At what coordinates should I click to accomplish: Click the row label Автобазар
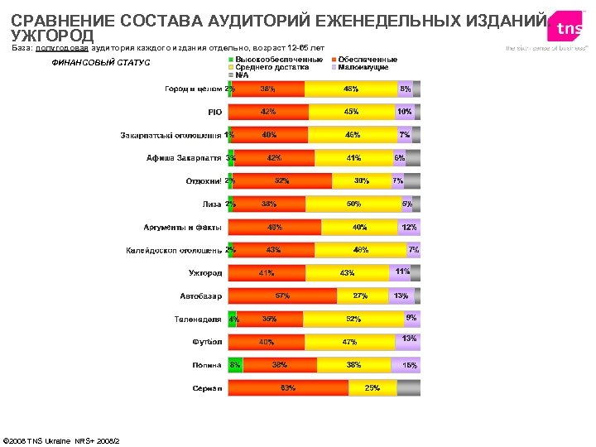click(201, 296)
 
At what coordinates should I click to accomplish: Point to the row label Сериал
click(207, 387)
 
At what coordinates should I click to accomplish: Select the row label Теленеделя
click(198, 319)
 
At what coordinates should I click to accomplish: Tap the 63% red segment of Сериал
click(288, 387)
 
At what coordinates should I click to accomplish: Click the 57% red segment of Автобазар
click(282, 296)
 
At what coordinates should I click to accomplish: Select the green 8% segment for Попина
click(235, 364)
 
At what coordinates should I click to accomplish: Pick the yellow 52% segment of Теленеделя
click(353, 319)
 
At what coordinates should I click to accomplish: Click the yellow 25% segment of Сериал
click(372, 387)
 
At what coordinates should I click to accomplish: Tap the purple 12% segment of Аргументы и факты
click(409, 227)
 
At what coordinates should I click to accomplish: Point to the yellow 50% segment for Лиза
click(353, 204)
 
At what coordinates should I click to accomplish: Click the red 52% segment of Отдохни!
click(281, 180)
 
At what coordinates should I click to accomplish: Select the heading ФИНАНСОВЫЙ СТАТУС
click(101, 63)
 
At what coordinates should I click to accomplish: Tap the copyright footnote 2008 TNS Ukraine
click(62, 440)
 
